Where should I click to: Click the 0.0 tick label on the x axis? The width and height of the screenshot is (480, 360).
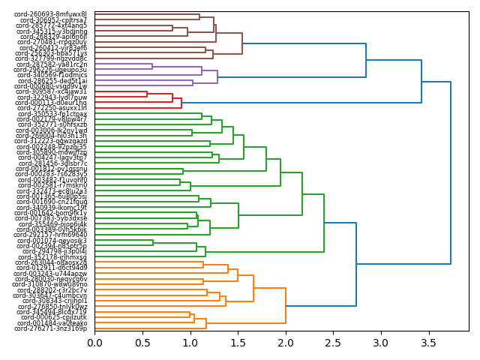coord(94,343)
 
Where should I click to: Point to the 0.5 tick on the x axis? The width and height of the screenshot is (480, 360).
coord(142,343)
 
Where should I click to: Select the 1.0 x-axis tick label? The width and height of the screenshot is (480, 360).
coord(190,343)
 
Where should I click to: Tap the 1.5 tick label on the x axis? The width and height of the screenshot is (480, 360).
coord(238,343)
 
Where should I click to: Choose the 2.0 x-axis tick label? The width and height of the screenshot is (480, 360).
coord(286,343)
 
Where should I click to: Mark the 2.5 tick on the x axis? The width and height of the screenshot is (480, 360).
coord(334,343)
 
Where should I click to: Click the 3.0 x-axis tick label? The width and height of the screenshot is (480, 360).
coord(381,343)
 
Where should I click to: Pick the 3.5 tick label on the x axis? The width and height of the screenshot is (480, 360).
coord(429,343)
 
